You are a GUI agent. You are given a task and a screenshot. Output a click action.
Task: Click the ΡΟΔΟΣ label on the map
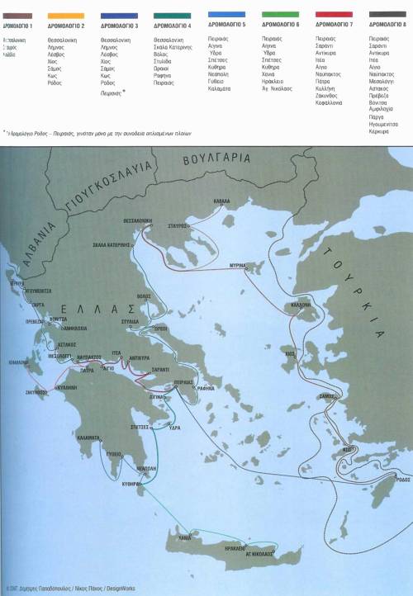pos(401,479)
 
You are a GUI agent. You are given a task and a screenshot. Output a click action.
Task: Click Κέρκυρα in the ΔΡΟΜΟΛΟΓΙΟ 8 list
pos(380,131)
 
